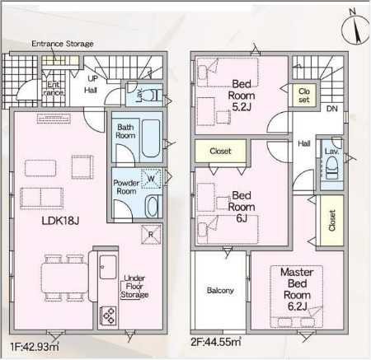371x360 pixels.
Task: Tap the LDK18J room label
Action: (60, 221)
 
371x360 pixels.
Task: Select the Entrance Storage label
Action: (63, 44)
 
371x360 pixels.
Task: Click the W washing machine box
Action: (151, 179)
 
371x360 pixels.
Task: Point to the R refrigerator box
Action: (151, 235)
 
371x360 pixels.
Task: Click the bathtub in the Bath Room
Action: (151, 138)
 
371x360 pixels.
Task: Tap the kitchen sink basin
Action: (108, 267)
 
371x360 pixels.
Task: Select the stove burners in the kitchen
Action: (109, 316)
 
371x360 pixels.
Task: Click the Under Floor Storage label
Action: (134, 287)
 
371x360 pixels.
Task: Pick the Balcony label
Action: (220, 290)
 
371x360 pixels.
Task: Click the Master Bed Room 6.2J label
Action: (297, 289)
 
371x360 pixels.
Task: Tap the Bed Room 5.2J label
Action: (242, 96)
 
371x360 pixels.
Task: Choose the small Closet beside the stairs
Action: (304, 96)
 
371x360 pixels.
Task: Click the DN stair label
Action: (331, 109)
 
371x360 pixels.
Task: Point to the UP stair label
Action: (93, 78)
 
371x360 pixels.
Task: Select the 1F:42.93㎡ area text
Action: (35, 346)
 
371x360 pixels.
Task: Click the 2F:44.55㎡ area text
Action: (216, 342)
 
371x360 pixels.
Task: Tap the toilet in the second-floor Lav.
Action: (332, 168)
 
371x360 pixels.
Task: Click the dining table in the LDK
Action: (65, 278)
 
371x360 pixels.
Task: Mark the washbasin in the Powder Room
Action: (151, 206)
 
